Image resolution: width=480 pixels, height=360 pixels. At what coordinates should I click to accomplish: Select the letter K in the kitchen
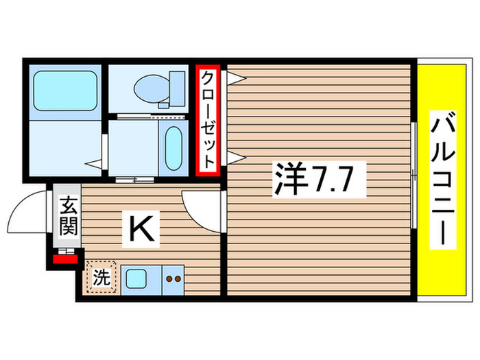[141, 229]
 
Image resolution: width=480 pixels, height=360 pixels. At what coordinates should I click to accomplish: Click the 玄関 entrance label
[67, 217]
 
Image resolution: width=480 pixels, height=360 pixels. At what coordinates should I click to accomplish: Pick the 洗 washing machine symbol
[101, 278]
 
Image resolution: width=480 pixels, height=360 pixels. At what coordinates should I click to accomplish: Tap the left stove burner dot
[169, 280]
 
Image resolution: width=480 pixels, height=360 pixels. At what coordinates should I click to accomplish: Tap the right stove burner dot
[178, 280]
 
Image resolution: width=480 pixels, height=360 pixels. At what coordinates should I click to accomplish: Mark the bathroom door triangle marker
[95, 164]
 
